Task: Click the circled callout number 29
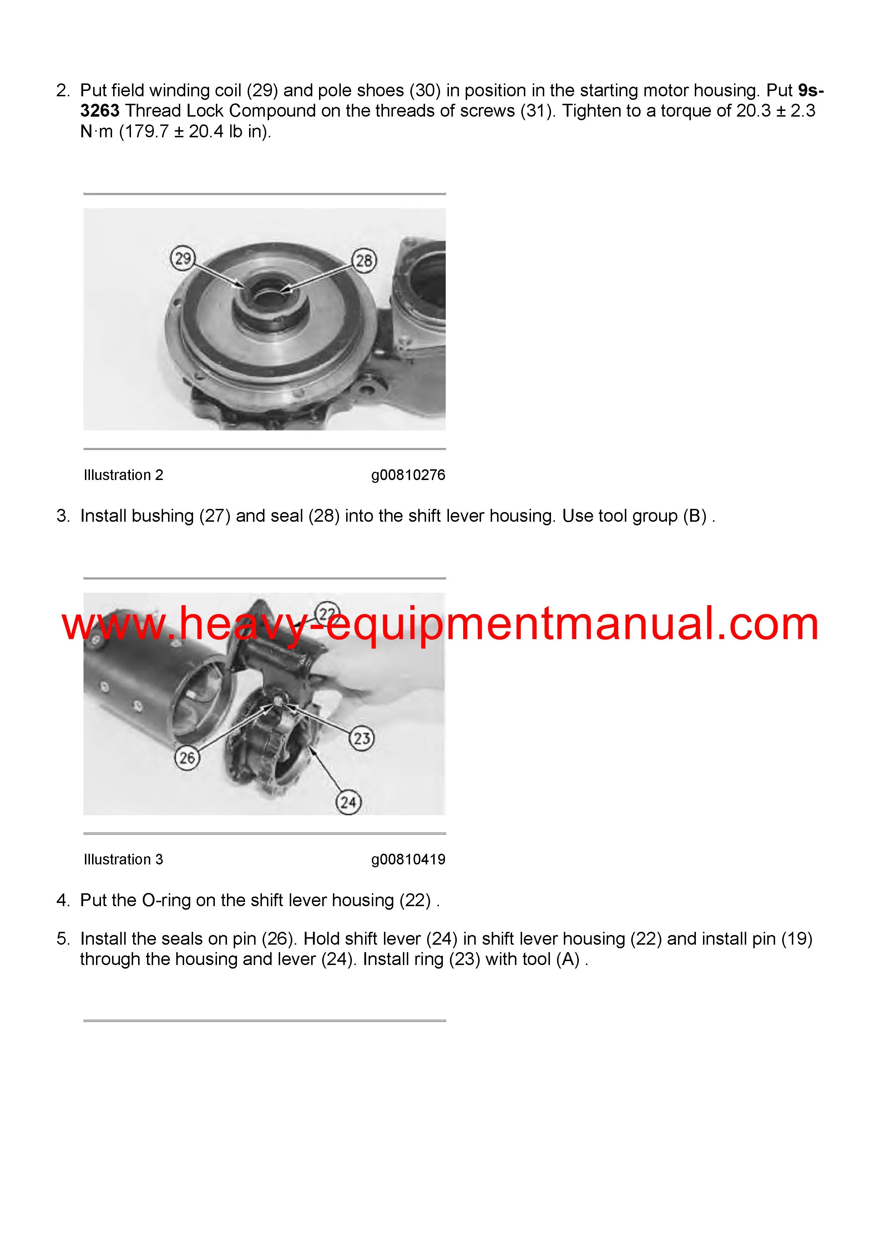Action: point(183,258)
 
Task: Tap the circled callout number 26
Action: point(187,757)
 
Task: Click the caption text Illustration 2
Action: point(123,475)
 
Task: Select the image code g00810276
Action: point(408,475)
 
